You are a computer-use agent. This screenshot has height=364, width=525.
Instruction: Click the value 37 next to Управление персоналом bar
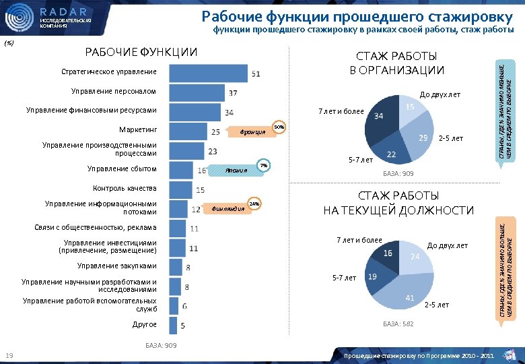click(x=233, y=92)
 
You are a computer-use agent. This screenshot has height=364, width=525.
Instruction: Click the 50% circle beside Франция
click(x=279, y=127)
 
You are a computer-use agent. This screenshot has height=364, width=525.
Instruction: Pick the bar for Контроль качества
click(x=176, y=189)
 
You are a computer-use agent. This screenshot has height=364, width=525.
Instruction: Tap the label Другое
click(x=144, y=325)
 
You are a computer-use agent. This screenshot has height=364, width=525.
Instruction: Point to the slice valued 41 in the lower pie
click(x=404, y=293)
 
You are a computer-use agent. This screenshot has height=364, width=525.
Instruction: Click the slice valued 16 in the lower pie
click(x=385, y=257)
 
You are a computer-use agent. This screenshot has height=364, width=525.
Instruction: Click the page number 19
click(x=9, y=355)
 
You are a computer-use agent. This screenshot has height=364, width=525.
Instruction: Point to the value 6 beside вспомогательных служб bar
click(x=184, y=305)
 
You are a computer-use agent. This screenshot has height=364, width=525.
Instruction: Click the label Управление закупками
click(x=116, y=266)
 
